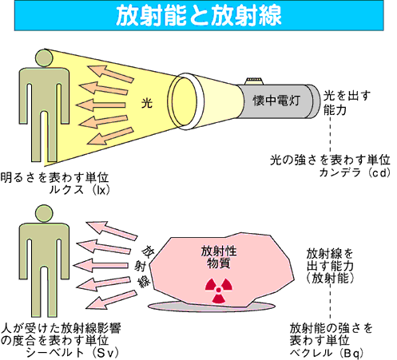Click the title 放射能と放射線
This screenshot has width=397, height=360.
click(199, 15)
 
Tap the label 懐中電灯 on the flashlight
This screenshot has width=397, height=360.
click(276, 101)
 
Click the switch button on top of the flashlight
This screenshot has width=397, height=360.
click(255, 81)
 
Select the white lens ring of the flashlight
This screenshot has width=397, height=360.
click(186, 102)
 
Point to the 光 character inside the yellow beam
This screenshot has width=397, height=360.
click(147, 103)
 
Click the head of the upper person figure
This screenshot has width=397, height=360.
click(44, 57)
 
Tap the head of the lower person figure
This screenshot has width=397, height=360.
click(44, 214)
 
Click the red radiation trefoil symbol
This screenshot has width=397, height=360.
click(219, 291)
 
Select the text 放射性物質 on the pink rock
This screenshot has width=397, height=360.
click(219, 257)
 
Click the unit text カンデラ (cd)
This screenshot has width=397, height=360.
click(355, 173)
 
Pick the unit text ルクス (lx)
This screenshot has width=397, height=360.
click(79, 190)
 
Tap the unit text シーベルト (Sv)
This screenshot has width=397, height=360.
click(72, 353)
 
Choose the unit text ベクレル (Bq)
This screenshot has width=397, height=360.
click(327, 353)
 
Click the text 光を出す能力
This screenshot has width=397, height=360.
click(347, 102)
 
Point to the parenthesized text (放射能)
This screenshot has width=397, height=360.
click(330, 279)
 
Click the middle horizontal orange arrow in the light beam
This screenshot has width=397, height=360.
click(101, 105)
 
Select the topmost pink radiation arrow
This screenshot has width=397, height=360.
click(112, 231)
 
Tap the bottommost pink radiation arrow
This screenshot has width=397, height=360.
click(112, 300)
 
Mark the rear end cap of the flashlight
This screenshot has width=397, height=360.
click(314, 101)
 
